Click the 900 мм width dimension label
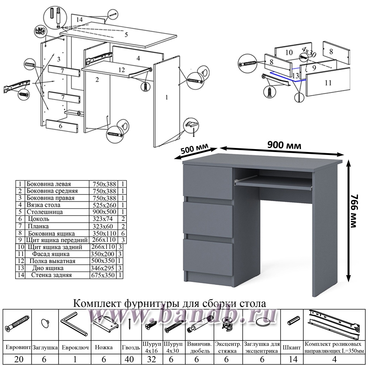pos(284,145)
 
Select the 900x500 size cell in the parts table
pos(103,212)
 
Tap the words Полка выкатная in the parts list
pos(54,261)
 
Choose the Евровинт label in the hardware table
pos(17,348)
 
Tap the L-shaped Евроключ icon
pos(73,323)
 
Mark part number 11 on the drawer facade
pos(328,83)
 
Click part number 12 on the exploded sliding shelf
pos(122,69)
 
